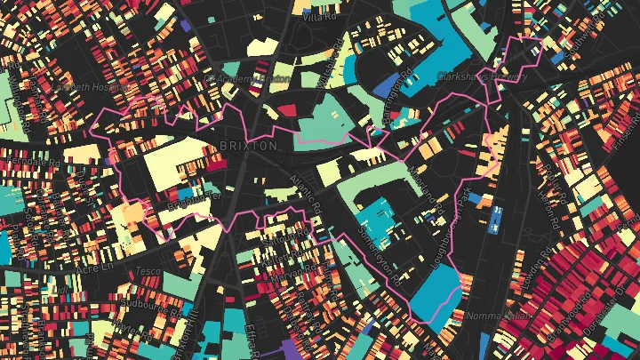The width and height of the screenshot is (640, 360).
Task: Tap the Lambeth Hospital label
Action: (79, 87)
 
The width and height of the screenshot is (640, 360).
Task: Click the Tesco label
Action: (146, 270)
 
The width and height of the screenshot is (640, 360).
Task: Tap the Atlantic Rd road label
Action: (304, 191)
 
